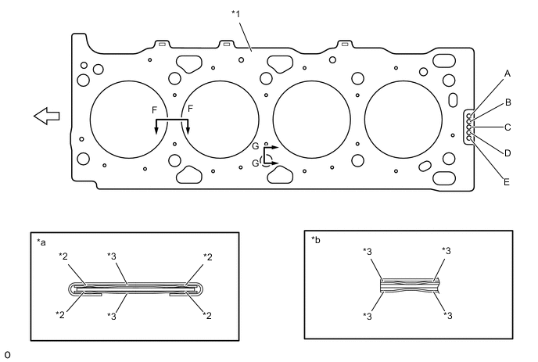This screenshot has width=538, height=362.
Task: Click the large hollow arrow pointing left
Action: pyautogui.click(x=46, y=116)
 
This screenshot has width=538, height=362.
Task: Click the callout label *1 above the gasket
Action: pyautogui.click(x=235, y=14)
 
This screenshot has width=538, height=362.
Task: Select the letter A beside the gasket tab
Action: pyautogui.click(x=508, y=73)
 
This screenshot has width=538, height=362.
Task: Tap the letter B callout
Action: pyautogui.click(x=508, y=102)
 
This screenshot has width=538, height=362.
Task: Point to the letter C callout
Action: pyautogui.click(x=508, y=127)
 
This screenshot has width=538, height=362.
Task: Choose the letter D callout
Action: pyautogui.click(x=508, y=153)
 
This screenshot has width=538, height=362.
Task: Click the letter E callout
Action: pyautogui.click(x=507, y=182)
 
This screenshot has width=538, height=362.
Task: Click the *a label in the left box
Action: pyautogui.click(x=41, y=242)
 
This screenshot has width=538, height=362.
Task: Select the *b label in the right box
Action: pyautogui.click(x=316, y=240)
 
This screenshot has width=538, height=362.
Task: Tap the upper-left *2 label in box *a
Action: pyautogui.click(x=63, y=256)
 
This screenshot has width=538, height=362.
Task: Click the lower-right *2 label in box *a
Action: pyautogui.click(x=207, y=315)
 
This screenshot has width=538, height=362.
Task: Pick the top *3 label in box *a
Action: pyautogui.click(x=112, y=256)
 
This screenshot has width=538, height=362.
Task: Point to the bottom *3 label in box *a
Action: pyautogui.click(x=112, y=316)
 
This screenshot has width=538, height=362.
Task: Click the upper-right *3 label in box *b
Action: pyautogui.click(x=447, y=251)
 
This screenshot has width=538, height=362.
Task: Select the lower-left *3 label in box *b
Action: pyautogui.click(x=368, y=316)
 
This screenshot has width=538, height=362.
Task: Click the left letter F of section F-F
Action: pyautogui.click(x=154, y=110)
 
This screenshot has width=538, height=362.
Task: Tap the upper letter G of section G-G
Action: pyautogui.click(x=256, y=146)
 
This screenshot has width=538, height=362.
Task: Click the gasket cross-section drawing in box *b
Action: pyautogui.click(x=410, y=285)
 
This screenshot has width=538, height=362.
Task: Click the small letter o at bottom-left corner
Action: pyautogui.click(x=7, y=355)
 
